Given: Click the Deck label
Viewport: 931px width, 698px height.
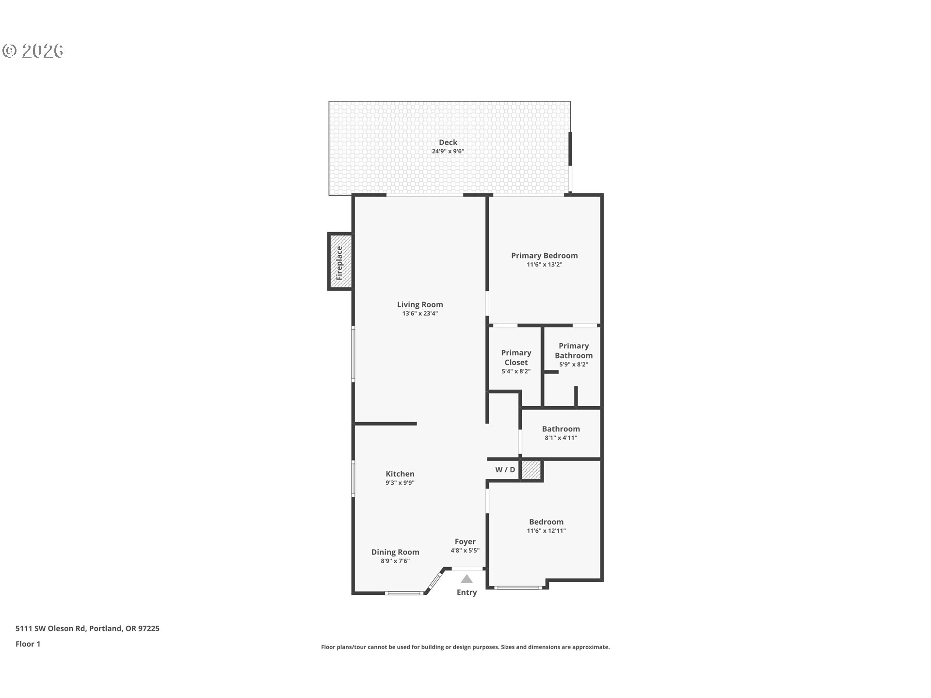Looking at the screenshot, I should pyautogui.click(x=448, y=142).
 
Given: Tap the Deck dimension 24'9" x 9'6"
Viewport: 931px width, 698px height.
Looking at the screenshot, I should pyautogui.click(x=448, y=151).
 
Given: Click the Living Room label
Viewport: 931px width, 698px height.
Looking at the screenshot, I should pyautogui.click(x=420, y=304).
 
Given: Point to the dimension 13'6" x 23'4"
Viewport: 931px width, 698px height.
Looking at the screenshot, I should pyautogui.click(x=420, y=314).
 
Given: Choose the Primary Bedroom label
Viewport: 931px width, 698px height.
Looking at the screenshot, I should pyautogui.click(x=544, y=255).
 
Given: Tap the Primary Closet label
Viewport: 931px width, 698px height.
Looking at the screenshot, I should pyautogui.click(x=516, y=358).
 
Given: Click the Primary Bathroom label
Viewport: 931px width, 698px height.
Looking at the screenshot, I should pyautogui.click(x=573, y=350).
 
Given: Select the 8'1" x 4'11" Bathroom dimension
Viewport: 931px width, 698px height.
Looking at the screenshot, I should pyautogui.click(x=561, y=438).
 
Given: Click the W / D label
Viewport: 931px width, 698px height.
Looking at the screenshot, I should pyautogui.click(x=505, y=470).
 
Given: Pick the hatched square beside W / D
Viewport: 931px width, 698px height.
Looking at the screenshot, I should pyautogui.click(x=531, y=470).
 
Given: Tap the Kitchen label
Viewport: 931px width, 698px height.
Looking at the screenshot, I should pyautogui.click(x=400, y=474).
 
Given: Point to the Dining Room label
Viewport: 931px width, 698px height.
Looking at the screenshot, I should pyautogui.click(x=395, y=552).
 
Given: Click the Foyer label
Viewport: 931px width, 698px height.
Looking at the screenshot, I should pyautogui.click(x=465, y=541).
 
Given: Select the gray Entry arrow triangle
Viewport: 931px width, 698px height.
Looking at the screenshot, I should pyautogui.click(x=466, y=579).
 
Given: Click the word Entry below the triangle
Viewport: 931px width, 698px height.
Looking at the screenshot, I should pyautogui.click(x=466, y=592).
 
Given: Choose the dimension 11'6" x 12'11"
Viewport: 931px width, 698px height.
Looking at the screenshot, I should pyautogui.click(x=546, y=531).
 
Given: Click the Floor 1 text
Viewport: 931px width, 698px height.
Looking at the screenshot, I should pyautogui.click(x=28, y=644).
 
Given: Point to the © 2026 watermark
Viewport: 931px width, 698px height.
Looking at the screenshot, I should pyautogui.click(x=33, y=50).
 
